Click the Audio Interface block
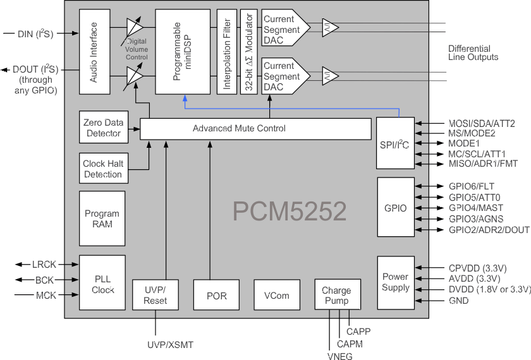pos(94,52)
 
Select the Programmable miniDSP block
pos(183,52)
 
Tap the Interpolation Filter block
pos(226,52)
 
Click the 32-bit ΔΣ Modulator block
pos(248,52)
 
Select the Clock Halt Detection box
pos(102,169)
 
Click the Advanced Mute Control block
pos(255,129)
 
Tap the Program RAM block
pos(102,219)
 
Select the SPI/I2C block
pos(396,143)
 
